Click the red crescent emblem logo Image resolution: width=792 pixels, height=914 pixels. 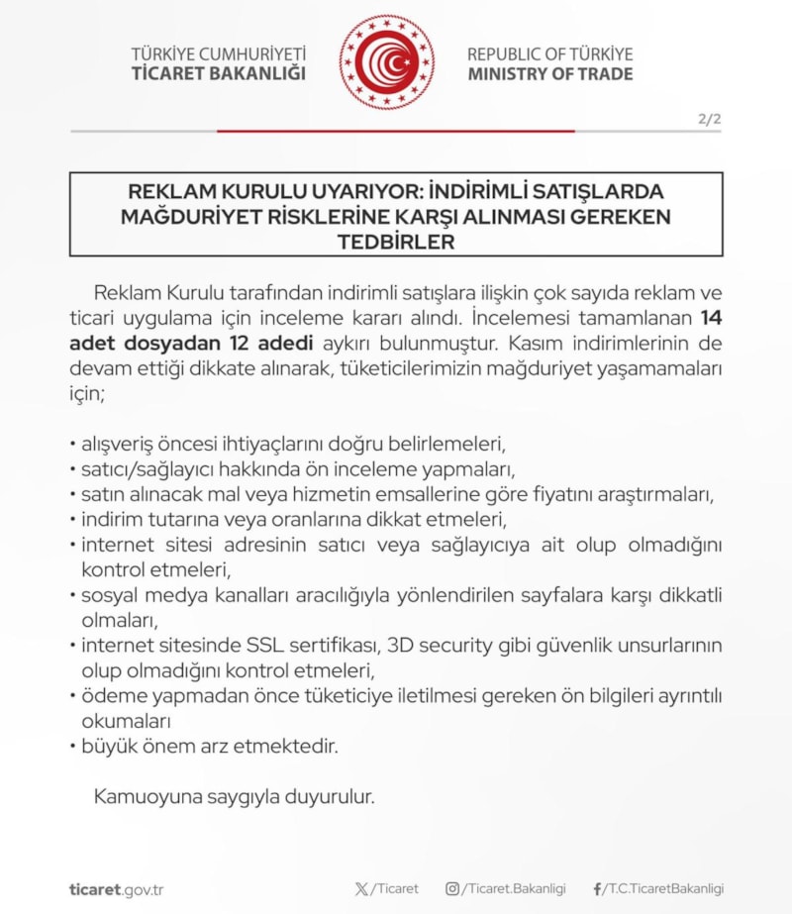[x=387, y=62]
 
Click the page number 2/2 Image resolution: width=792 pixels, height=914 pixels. [x=710, y=120]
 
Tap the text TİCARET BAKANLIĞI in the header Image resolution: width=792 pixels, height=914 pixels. [x=219, y=74]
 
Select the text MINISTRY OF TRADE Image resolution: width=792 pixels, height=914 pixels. [x=550, y=74]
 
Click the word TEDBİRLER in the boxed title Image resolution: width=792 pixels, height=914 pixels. [x=396, y=242]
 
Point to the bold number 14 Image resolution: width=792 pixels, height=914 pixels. [x=711, y=320]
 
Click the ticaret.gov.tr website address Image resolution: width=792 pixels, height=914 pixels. [x=117, y=889]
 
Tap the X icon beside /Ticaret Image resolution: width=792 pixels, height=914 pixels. [x=361, y=889]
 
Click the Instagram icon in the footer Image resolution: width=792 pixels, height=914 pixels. [x=452, y=889]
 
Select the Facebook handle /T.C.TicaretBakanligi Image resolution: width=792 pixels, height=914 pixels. [x=663, y=889]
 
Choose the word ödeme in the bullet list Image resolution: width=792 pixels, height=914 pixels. [x=107, y=696]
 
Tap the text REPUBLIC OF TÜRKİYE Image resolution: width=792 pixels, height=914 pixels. [x=550, y=53]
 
